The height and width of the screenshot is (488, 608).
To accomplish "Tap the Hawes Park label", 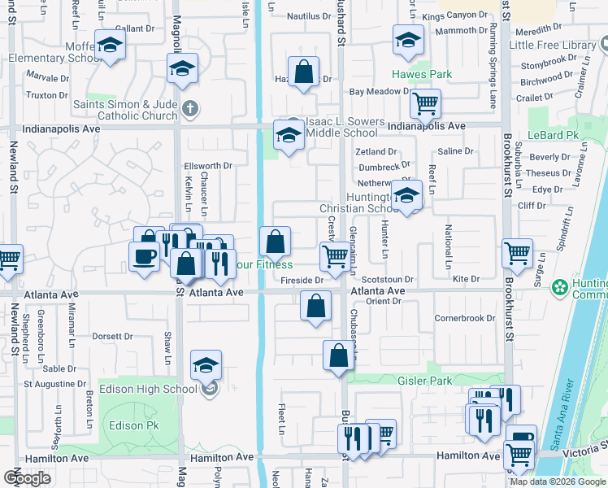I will [422, 74].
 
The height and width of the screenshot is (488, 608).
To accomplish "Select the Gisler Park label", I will [424, 381].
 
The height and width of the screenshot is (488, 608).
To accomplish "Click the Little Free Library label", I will [556, 45].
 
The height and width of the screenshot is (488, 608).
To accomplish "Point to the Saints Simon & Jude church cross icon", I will [189, 108].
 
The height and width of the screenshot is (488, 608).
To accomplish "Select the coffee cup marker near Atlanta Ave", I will [144, 256].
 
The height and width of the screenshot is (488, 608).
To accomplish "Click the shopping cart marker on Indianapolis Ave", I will [424, 103].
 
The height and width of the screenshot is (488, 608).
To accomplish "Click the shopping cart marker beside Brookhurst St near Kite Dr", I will [517, 253].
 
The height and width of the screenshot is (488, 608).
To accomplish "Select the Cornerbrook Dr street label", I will [464, 318].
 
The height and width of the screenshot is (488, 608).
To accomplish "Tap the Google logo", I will [28, 478].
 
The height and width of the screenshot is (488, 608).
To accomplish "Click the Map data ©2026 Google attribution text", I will [557, 481].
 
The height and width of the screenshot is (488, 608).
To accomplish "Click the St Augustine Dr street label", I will [54, 383].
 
